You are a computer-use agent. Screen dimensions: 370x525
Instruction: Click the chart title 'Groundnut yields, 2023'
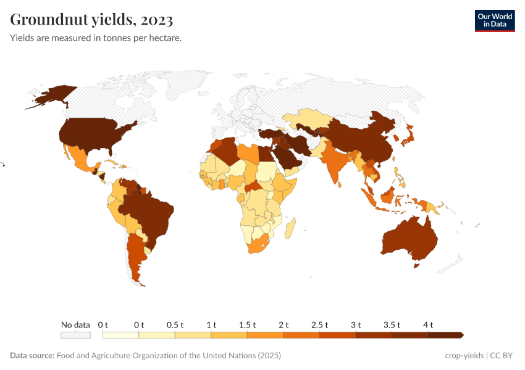click(91, 20)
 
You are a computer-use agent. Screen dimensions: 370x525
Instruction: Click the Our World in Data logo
click(494, 20)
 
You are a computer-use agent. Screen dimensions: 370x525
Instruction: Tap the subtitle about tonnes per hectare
click(96, 38)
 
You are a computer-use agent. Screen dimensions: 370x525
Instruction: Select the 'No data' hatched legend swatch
click(75, 335)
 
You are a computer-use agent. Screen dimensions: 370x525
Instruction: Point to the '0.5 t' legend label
click(175, 324)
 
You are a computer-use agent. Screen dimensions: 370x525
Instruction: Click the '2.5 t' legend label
click(319, 324)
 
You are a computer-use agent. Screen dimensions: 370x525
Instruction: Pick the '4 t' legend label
click(428, 324)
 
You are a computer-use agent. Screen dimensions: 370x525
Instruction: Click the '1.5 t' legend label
click(247, 324)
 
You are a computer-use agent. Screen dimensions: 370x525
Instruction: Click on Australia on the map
click(408, 237)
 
